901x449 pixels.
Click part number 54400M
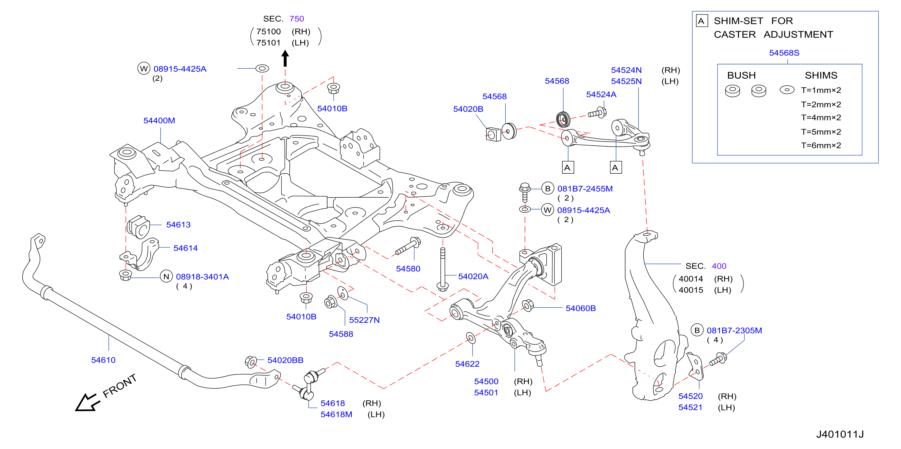159,120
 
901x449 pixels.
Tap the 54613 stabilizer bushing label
178,225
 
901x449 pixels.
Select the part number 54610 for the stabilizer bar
103,360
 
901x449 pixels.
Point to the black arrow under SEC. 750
285,58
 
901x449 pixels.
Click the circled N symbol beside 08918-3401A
166,277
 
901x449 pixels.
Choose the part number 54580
408,269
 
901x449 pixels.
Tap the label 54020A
473,277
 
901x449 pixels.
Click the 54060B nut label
581,308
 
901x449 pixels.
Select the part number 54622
467,364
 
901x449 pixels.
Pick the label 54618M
336,414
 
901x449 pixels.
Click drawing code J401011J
840,434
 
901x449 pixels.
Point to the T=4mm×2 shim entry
821,118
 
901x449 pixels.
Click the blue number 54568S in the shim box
784,53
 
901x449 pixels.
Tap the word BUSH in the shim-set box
742,75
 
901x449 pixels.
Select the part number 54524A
601,94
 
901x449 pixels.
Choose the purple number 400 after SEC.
719,266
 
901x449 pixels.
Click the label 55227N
364,320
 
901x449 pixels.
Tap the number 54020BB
286,360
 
